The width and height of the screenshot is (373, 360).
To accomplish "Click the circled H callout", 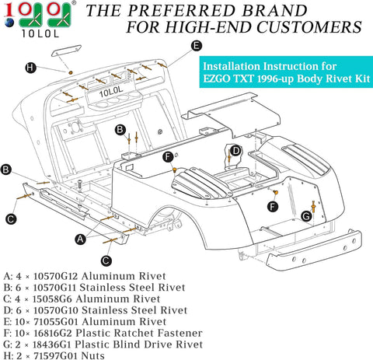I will (30, 68).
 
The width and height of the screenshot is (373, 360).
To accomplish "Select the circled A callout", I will (80, 239).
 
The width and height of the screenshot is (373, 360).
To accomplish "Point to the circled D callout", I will (235, 150).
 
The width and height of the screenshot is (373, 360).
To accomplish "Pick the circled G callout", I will (306, 215).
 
